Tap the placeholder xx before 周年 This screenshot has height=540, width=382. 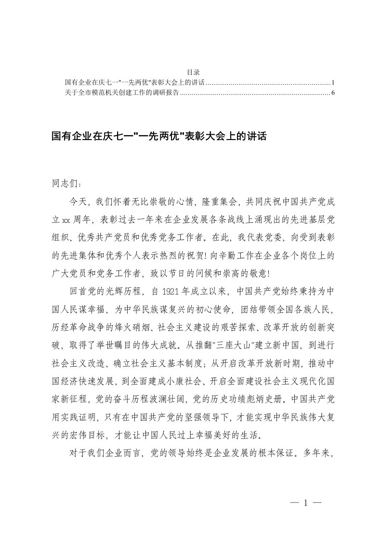tap(66, 219)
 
